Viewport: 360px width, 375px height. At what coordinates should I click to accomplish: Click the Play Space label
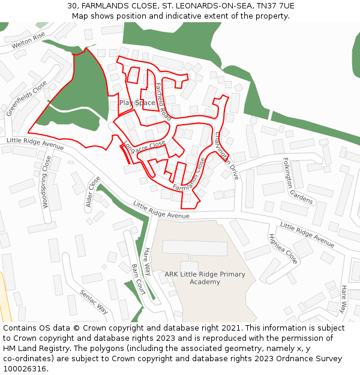pos(137,103)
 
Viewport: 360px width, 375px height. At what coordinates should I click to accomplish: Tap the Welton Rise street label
pos(28,40)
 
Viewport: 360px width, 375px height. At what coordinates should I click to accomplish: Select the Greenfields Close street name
pos(26,98)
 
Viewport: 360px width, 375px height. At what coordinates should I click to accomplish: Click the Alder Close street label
pos(93,191)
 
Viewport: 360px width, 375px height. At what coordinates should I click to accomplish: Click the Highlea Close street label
pos(283,248)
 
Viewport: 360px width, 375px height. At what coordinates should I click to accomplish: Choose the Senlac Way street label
pos(94,301)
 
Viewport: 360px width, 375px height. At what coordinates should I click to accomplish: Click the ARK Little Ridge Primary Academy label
pos(205,278)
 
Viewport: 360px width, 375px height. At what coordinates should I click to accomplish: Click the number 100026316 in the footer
pos(25,368)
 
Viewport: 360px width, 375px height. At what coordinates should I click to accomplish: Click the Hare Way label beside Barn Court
pos(147,262)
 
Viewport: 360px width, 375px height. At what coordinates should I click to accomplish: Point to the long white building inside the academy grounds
pos(195,248)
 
